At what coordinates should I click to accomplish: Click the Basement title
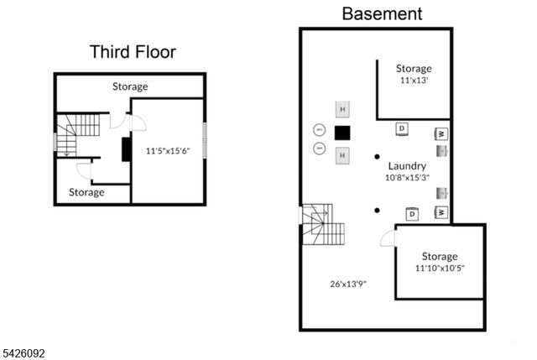click(382, 13)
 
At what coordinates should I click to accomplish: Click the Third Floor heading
click(133, 52)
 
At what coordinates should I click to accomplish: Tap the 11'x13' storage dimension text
click(414, 81)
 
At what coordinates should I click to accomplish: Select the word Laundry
click(407, 166)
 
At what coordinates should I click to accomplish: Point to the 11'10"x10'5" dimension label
click(439, 269)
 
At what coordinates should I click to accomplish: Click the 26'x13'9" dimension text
click(347, 284)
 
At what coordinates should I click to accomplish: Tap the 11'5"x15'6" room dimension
click(169, 152)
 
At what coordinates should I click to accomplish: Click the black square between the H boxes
click(342, 133)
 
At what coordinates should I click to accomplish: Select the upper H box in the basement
click(342, 109)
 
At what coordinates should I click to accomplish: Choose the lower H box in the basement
click(342, 155)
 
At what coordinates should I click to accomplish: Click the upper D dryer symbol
click(402, 128)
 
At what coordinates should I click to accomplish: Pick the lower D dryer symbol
click(412, 215)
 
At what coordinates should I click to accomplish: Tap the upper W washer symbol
click(441, 133)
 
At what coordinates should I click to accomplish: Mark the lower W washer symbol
click(441, 213)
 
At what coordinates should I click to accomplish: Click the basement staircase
click(322, 224)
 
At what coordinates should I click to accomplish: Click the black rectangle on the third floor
click(126, 149)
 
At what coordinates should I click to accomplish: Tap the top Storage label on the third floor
click(130, 86)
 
